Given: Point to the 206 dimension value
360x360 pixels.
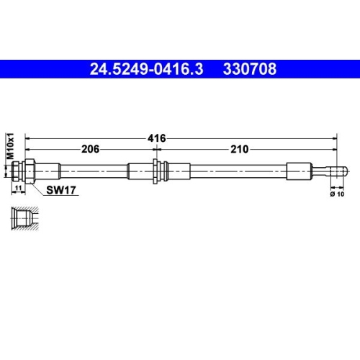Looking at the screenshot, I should (x=89, y=149).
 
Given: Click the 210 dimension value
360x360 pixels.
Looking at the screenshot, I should (x=240, y=149).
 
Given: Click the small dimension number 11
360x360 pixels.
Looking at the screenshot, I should (x=19, y=187).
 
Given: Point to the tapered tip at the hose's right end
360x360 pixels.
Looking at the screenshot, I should (x=338, y=171).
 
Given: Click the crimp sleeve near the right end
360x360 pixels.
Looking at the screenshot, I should (x=301, y=171).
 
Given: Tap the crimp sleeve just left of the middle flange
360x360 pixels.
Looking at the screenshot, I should (x=140, y=171).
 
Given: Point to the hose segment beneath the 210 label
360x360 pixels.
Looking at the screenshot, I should (x=240, y=171).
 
